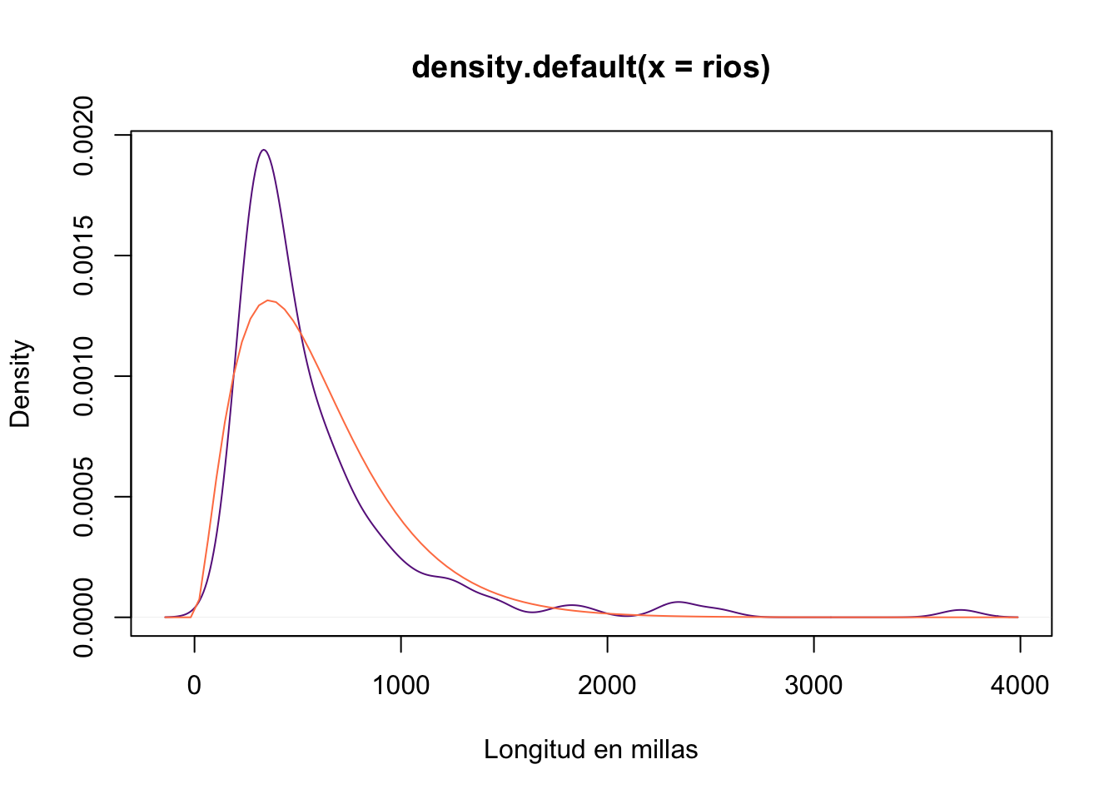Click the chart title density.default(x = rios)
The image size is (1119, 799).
pos(590,67)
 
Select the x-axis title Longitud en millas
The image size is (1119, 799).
pos(590,750)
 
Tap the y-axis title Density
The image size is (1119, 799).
pos(20,384)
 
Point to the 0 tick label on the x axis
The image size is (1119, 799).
pos(194,686)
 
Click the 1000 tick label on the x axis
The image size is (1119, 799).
pos(400,686)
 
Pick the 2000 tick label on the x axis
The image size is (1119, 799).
pos(607,686)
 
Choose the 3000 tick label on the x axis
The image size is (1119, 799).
pos(813,686)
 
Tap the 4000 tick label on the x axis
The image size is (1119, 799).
pos(1020,686)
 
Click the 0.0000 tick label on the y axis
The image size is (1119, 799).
pos(83,618)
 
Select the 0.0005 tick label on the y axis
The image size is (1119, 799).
pos(83,497)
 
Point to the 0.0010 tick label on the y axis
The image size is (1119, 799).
pos(83,376)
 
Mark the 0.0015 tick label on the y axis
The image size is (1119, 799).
pos(83,256)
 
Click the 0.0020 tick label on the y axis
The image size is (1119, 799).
pos(83,136)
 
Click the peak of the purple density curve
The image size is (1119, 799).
pos(264,150)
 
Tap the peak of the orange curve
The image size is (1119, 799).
pos(268,300)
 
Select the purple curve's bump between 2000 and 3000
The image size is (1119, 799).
pos(679,602)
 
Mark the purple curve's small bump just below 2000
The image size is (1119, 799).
pos(571,605)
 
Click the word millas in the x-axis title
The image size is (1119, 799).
pos(663,750)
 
